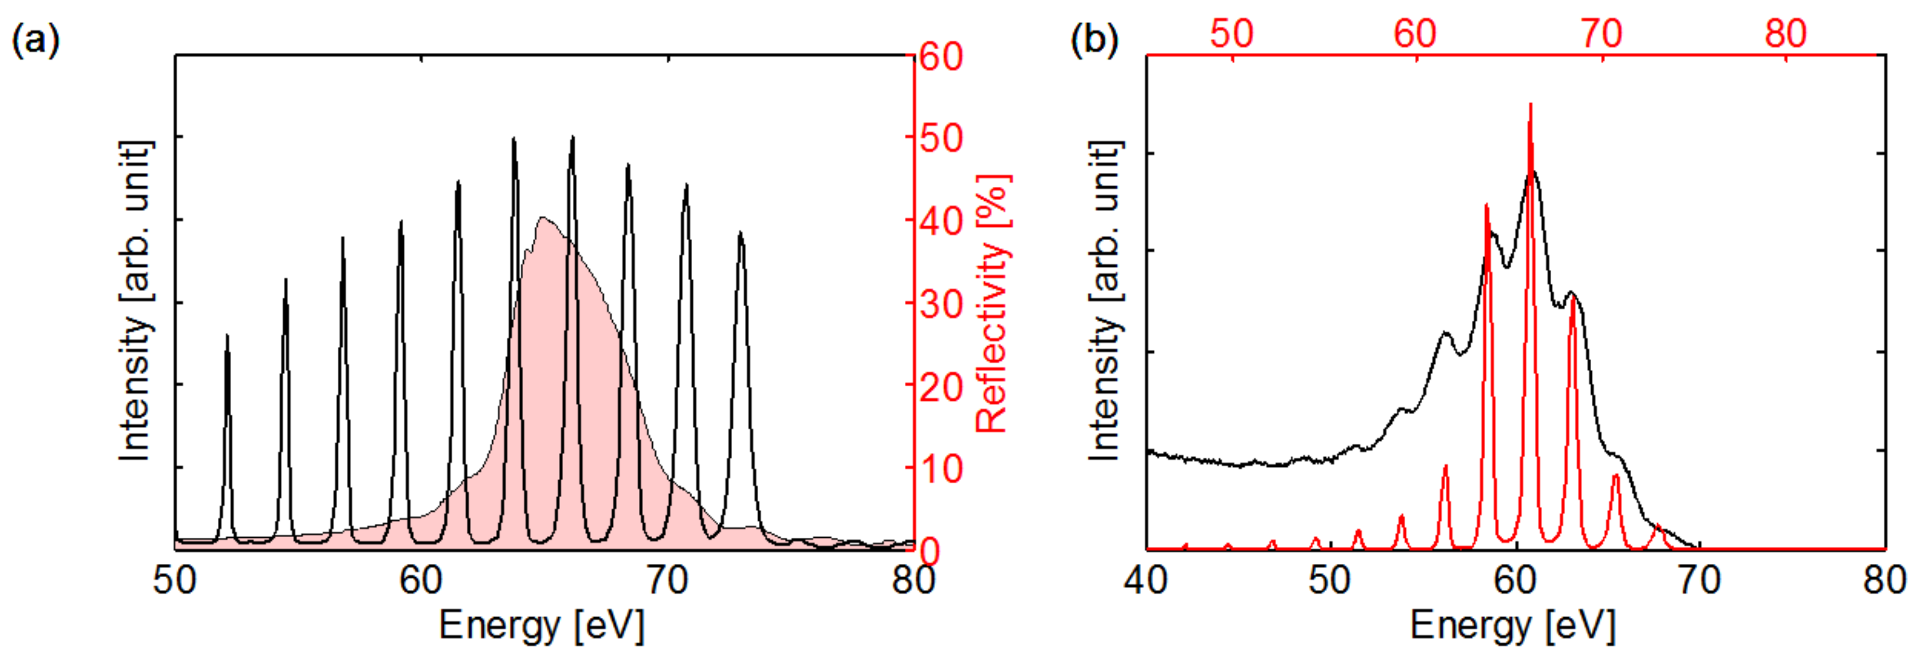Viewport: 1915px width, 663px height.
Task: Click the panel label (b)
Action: click(x=1094, y=39)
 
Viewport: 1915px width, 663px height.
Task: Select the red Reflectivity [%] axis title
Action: click(x=992, y=303)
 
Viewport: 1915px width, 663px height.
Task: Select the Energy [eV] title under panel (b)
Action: click(x=1513, y=625)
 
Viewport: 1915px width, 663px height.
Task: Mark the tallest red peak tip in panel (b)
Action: click(x=1530, y=105)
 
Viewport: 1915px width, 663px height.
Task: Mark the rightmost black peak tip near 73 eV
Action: click(x=740, y=234)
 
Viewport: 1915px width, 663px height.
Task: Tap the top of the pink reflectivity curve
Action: click(x=544, y=218)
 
